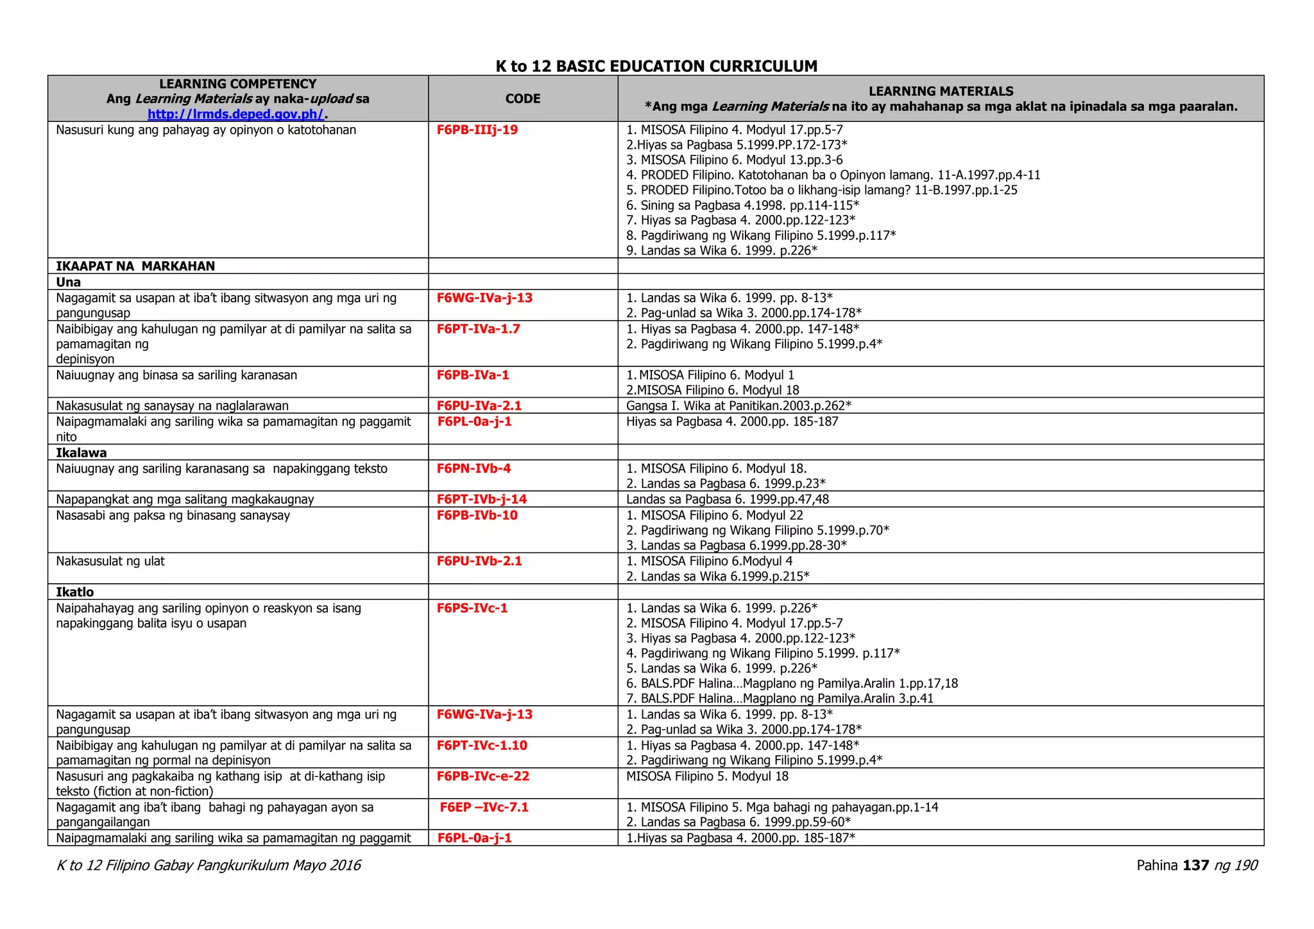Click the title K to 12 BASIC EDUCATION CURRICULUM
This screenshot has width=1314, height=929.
click(x=656, y=66)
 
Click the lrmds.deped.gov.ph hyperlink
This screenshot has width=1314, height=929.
click(x=236, y=114)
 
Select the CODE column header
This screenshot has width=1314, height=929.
click(x=522, y=99)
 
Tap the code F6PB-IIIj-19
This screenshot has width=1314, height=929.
click(x=477, y=130)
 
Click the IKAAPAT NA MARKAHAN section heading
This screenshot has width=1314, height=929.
click(x=135, y=266)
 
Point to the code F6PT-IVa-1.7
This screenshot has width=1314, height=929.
click(x=478, y=329)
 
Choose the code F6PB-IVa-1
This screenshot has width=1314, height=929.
click(x=472, y=375)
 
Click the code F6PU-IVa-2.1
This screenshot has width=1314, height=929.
click(x=479, y=405)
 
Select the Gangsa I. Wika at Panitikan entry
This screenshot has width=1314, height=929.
click(x=738, y=405)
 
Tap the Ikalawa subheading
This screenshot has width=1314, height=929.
click(x=81, y=453)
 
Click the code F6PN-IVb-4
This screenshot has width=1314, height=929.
click(x=474, y=468)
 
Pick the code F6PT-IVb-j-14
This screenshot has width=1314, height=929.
click(x=481, y=499)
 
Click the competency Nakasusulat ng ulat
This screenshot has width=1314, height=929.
click(x=110, y=561)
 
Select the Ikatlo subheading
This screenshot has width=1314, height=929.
click(x=74, y=592)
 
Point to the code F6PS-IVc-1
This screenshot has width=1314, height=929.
click(x=472, y=608)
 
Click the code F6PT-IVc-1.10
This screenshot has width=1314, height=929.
click(x=482, y=746)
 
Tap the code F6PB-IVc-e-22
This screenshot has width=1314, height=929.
click(x=482, y=776)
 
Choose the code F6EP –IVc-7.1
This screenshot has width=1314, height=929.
click(x=484, y=807)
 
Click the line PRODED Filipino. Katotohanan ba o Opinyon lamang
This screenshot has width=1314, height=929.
click(x=833, y=175)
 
